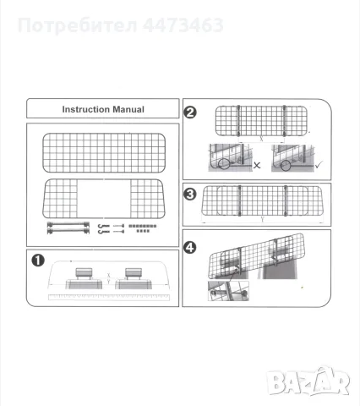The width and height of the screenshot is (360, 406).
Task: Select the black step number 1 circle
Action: [x=38, y=261]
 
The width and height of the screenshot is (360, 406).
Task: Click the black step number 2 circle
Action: [x=190, y=112]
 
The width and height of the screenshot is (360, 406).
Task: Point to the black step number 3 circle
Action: [x=190, y=195]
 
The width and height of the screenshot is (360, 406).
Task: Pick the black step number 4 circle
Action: [x=190, y=248]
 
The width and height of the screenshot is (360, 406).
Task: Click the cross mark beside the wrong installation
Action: [x=257, y=165]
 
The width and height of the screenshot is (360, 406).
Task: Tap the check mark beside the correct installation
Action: [x=319, y=164]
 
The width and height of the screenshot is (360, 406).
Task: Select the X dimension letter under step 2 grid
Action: [x=261, y=139]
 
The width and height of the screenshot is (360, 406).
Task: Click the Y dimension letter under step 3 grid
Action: [x=263, y=219]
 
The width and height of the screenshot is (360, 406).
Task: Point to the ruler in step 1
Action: [x=109, y=297]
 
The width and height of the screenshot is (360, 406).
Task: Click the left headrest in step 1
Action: [x=84, y=272]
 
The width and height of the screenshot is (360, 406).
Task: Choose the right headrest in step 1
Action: [x=134, y=272]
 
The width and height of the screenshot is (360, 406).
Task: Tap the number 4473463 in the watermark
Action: [x=183, y=25]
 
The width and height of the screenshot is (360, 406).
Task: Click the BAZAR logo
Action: [x=308, y=381]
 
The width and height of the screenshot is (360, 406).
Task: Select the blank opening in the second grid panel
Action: [x=104, y=198]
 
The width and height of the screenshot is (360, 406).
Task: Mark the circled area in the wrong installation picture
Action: [x=224, y=164]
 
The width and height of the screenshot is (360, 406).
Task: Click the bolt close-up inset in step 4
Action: [x=228, y=291]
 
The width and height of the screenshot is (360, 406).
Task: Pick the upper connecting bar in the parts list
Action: [x=68, y=224]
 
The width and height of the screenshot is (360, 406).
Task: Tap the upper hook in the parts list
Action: [x=104, y=226]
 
